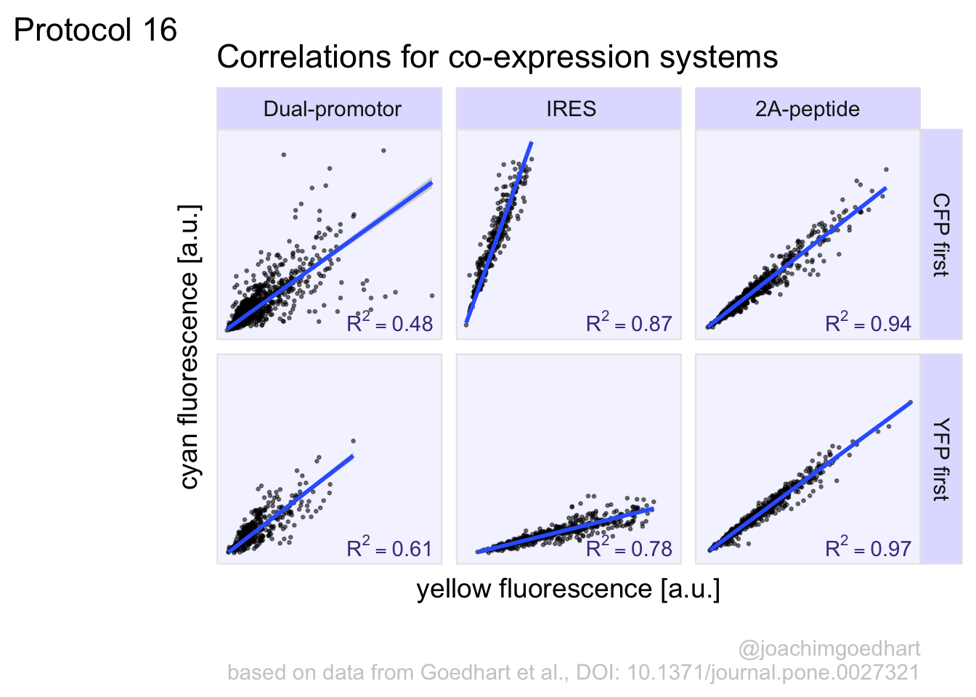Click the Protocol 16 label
coord(95,30)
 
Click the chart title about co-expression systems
coord(497,57)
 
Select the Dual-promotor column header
coord(332,109)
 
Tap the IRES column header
coord(571,109)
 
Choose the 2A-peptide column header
coord(807,109)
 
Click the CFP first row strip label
coord(941,234)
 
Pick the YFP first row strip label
coord(941,459)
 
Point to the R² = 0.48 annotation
coord(389,323)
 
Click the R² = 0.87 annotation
coord(629,323)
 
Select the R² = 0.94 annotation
coord(868,323)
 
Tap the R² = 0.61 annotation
coord(389,548)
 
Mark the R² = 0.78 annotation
coord(629,548)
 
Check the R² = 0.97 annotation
coord(868,548)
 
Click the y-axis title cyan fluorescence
coord(190,346)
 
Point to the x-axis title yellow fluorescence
coord(568,589)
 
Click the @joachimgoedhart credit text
coord(829,648)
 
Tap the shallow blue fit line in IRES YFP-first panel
coord(566,530)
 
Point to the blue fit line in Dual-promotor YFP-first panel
coord(290,503)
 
